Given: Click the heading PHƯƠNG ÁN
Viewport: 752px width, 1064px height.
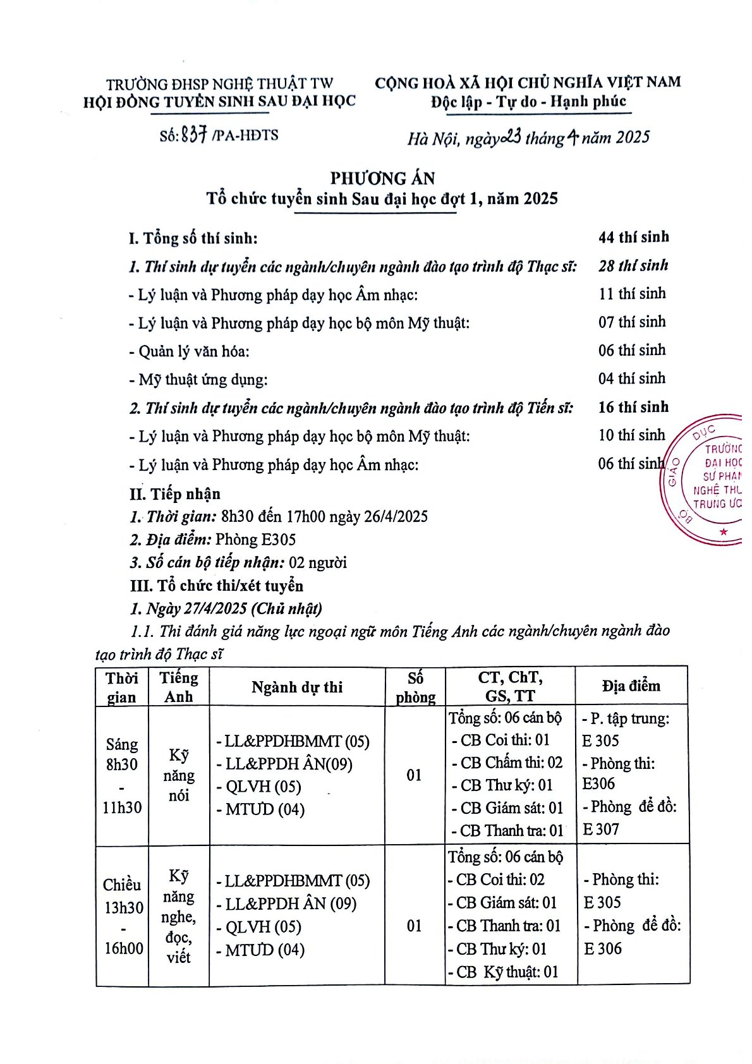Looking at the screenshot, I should coord(382,178).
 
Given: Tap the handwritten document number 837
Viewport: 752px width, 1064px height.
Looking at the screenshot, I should coord(194,135).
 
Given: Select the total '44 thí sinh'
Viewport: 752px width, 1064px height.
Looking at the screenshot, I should coord(633,237).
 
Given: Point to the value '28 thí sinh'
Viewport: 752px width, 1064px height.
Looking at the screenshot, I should coord(633,265).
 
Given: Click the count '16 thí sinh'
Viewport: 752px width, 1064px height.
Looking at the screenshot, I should coord(633,407).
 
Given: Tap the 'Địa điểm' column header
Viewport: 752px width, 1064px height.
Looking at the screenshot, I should coord(631,686).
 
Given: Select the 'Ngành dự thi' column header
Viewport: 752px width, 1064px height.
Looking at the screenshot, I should coord(296,687).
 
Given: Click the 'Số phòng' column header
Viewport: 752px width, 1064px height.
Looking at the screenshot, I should coord(415,687).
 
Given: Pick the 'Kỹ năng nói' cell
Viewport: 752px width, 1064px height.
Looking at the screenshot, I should coord(179,775).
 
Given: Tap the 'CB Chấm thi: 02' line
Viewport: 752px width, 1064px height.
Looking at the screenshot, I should coord(507,763).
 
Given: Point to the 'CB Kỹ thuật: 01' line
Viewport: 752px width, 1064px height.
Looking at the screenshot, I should coord(504,972).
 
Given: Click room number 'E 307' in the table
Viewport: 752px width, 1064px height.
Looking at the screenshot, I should coord(601,829).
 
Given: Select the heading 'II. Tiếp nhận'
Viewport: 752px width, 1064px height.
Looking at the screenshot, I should coord(175,493).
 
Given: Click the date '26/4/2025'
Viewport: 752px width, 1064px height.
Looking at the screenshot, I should coord(396,516).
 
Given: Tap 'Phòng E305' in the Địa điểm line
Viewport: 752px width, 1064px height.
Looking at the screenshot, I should coord(255,539).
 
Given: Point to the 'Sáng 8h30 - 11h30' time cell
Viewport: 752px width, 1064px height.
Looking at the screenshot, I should coord(122,775).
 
